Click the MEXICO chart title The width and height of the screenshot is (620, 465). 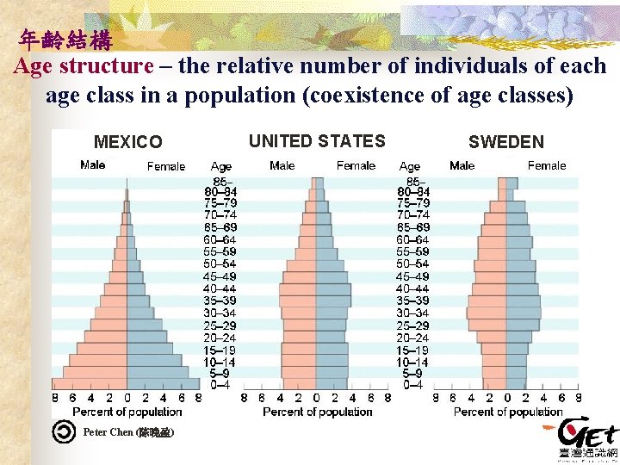pyautogui.click(x=127, y=142)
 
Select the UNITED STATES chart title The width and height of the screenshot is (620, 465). pyautogui.click(x=317, y=141)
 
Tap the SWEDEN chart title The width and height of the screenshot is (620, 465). pyautogui.click(x=506, y=142)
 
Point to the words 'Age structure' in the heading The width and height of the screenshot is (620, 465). pyautogui.click(x=83, y=66)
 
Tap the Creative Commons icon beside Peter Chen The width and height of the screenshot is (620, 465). pyautogui.click(x=63, y=431)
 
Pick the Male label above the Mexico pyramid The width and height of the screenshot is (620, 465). pyautogui.click(x=93, y=165)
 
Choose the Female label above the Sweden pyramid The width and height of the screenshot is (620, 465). pyautogui.click(x=547, y=165)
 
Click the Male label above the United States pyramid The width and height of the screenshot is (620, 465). pyautogui.click(x=282, y=165)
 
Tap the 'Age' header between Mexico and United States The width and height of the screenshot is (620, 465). pyautogui.click(x=221, y=166)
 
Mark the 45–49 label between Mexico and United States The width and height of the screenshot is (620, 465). pyautogui.click(x=220, y=276)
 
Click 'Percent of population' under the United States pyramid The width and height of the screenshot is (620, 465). pyautogui.click(x=317, y=412)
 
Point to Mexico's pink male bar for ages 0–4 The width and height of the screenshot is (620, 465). pyautogui.click(x=90, y=384)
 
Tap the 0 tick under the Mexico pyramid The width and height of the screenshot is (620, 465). pyautogui.click(x=127, y=399)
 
